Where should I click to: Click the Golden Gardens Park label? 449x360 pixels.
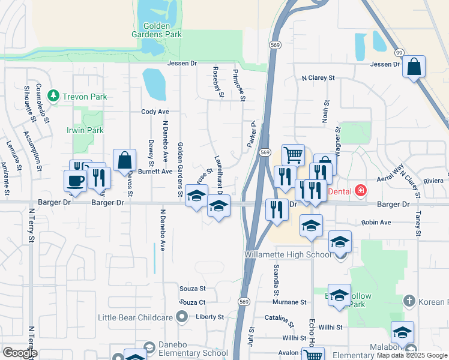coord(156,30)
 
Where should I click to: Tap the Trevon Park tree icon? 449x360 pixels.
coord(53,96)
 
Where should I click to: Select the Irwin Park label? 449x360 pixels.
coord(85,130)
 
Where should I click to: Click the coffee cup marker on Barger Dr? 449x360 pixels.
coord(76,181)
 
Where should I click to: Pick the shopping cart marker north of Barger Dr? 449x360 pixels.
coord(293,155)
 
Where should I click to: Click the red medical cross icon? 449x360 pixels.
coord(361,191)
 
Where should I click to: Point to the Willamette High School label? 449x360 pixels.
coord(288,254)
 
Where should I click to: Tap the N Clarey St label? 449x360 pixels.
coord(318,78)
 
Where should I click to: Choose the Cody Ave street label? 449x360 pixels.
coord(155,112)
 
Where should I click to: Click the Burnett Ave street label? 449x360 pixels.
coord(155,171)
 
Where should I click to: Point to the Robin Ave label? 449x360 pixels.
coord(376,223)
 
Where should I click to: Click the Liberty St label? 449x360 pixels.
coord(209,317)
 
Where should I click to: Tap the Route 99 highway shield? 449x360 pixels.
coord(400,52)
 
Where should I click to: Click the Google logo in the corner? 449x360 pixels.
coord(19,353)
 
